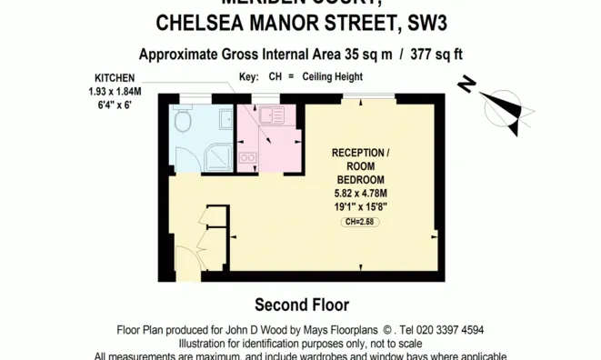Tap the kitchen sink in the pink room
(x=272, y=116)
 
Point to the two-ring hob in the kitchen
(x=248, y=157)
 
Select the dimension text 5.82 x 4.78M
(x=361, y=193)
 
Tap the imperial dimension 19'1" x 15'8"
(x=361, y=206)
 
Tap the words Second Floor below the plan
(x=301, y=305)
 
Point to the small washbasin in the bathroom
(x=225, y=117)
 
